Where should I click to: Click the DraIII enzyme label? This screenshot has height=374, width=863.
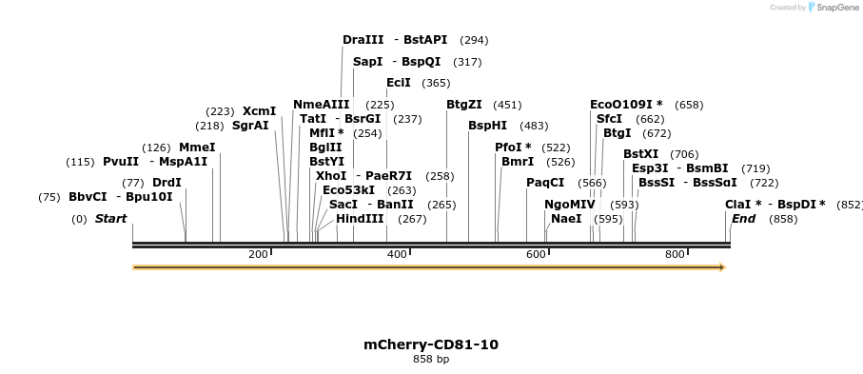[x=363, y=40]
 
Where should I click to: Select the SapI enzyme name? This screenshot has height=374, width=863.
[x=367, y=62]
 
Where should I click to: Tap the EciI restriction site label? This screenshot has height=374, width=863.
[x=399, y=83]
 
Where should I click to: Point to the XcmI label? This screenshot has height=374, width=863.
[x=260, y=111]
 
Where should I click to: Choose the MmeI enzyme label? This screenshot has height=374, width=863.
[x=197, y=148]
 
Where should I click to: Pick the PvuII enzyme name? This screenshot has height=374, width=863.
[x=121, y=162]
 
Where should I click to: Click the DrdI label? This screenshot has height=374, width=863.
[x=167, y=183]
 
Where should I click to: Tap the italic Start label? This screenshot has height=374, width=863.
[x=110, y=219]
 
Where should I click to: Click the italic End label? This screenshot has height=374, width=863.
[x=743, y=219]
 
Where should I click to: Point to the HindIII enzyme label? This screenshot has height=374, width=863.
[x=360, y=219]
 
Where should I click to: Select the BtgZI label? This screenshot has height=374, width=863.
[x=464, y=105]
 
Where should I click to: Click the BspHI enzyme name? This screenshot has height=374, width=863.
[x=488, y=126]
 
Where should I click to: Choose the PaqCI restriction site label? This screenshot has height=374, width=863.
[x=545, y=183]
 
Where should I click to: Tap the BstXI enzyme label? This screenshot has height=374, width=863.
[x=641, y=154]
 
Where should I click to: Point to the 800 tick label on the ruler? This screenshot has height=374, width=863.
[x=675, y=255]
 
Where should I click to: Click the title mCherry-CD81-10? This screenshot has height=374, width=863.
[x=431, y=344]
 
